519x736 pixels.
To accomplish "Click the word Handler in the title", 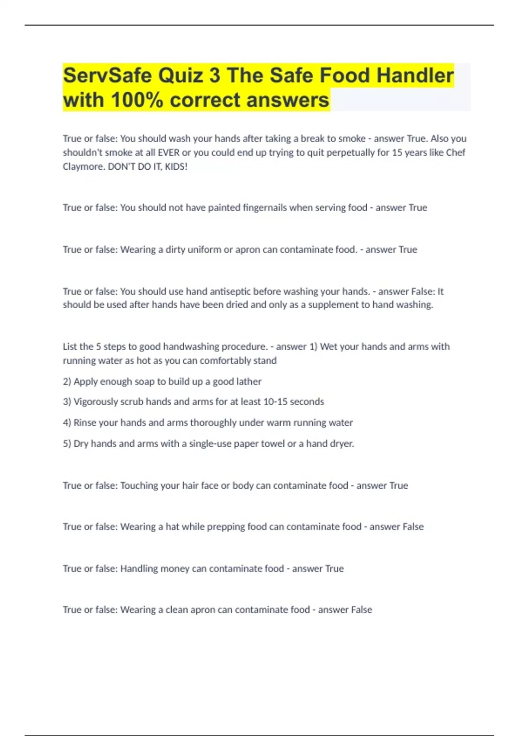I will (x=415, y=76).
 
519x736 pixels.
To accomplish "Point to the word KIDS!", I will (x=176, y=167).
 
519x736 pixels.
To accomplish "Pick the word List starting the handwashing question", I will (x=70, y=347).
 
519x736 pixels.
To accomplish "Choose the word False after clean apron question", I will (x=362, y=610).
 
